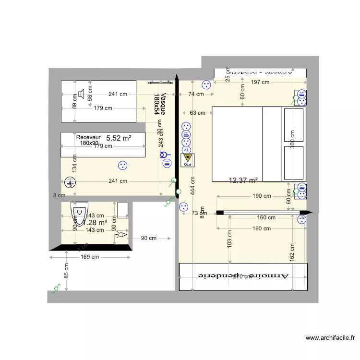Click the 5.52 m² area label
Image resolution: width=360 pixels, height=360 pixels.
point(118,138)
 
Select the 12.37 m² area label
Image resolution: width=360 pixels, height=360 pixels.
point(243,180)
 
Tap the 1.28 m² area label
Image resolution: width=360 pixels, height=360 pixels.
point(95,223)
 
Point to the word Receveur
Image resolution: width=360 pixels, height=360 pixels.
point(89,137)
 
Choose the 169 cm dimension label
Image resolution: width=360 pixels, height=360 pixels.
point(90,257)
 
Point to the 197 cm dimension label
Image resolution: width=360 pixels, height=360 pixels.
point(261,83)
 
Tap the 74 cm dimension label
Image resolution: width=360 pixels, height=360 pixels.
point(195,95)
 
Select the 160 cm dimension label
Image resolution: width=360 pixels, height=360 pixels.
point(266,217)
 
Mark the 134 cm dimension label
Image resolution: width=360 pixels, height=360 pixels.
point(74,164)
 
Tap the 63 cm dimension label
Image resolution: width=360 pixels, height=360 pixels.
point(197,113)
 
